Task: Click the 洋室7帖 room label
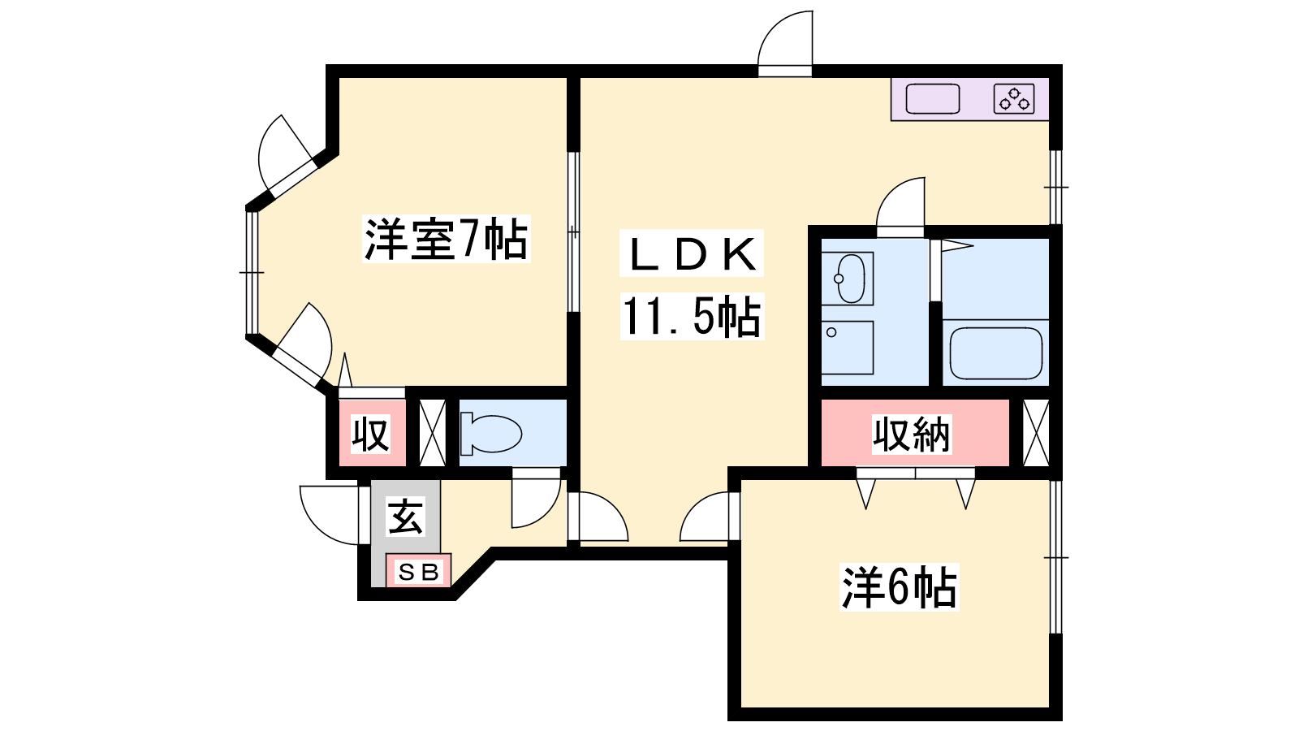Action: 446,239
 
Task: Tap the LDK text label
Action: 693,254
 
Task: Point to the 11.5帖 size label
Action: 691,316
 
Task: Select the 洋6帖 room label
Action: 900,587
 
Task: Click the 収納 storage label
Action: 913,434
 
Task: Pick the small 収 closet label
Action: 370,434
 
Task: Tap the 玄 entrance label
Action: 405,517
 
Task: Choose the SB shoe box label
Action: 419,573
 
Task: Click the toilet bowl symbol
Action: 490,433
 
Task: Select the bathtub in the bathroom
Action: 995,353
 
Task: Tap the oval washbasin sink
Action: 850,279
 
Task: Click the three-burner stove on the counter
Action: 1014,98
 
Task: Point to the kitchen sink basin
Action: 933,98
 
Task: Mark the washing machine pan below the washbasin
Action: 848,348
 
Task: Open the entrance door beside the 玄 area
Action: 329,515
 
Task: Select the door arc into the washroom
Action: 900,207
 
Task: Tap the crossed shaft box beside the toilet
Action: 432,433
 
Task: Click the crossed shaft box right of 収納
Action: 1036,433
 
